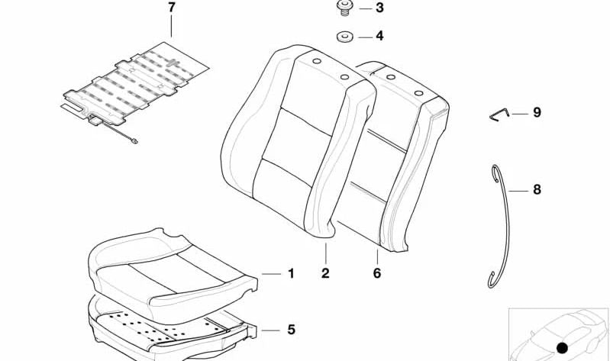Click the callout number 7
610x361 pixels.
click(x=171, y=9)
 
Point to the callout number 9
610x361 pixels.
click(x=537, y=113)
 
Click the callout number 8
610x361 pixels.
click(x=537, y=189)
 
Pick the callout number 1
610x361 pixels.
click(x=290, y=273)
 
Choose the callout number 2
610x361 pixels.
click(x=325, y=273)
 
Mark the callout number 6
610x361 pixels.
click(x=376, y=273)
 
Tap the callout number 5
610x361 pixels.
click(x=290, y=330)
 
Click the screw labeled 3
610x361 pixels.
click(x=345, y=9)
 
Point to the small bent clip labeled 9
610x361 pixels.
click(x=498, y=114)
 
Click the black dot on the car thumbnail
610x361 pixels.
click(x=562, y=347)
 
